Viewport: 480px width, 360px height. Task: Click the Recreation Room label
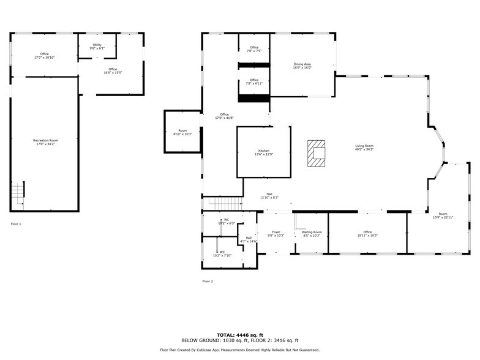45,142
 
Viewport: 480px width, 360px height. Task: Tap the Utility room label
97,46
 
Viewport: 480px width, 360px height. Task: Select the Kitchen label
263,152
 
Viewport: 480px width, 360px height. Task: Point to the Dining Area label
302,66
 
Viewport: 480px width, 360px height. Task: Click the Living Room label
364,148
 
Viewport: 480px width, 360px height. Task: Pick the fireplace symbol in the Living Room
317,153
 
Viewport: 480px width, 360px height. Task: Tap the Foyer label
277,234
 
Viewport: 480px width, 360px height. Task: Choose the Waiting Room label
312,234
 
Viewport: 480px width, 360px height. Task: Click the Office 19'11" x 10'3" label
367,234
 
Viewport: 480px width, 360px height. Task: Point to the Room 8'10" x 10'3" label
182,132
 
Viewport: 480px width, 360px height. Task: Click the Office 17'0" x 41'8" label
224,116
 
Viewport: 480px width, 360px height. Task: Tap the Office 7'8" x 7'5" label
254,49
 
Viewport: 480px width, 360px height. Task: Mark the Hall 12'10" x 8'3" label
269,196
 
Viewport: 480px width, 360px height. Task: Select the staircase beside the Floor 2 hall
223,202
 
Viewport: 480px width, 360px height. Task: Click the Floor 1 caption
16,224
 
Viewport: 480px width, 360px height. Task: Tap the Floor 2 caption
208,281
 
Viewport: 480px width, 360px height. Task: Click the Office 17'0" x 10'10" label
45,56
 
